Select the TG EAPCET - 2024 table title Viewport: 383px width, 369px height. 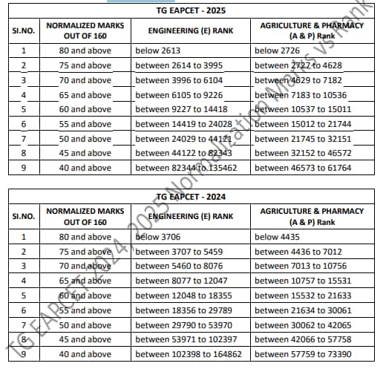point(191,197)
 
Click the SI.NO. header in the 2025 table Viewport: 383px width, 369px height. point(24,30)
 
